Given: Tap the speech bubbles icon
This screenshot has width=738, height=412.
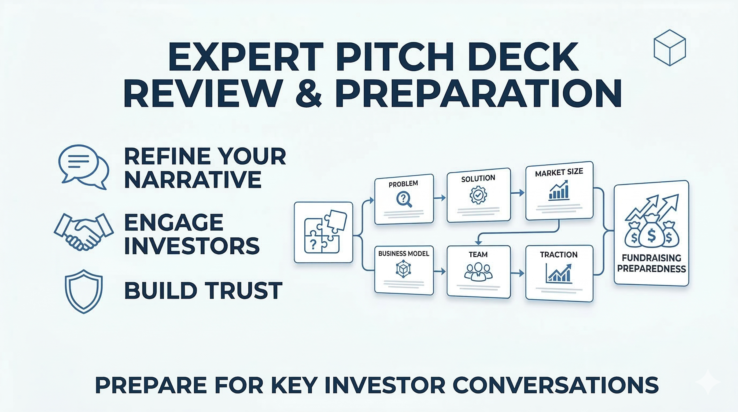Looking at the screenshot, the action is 84,167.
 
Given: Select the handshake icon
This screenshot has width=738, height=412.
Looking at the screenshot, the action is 84,231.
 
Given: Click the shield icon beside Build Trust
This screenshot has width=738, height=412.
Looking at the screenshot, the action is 84,291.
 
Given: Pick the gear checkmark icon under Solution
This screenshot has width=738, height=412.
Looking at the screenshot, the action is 478,195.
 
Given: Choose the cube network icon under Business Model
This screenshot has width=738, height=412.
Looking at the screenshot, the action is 403,269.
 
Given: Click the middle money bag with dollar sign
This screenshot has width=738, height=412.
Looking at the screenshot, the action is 652,236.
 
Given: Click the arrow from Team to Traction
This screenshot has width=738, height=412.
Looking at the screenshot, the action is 518,274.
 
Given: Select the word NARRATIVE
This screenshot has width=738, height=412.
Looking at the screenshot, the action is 193,179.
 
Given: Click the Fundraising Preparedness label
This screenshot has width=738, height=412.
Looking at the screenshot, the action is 651,263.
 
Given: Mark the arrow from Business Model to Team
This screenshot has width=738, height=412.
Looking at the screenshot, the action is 440,271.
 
